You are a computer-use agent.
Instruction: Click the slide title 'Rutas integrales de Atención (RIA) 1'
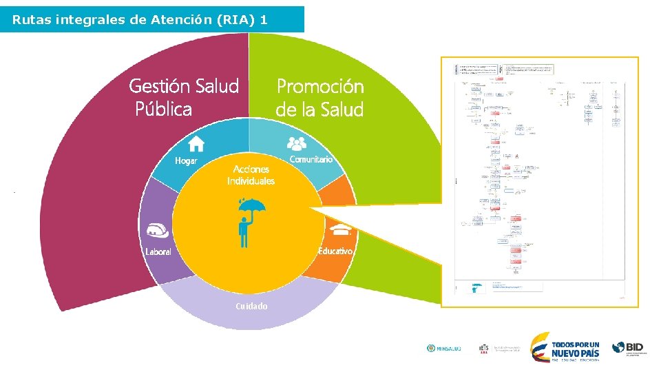point(140,20)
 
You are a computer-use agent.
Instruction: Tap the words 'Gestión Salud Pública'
point(183,97)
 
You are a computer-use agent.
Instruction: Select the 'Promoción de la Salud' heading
point(319,97)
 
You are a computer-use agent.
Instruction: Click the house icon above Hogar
point(196,143)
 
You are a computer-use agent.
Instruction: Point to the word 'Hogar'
point(186,161)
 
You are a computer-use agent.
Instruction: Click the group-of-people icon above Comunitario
point(297,143)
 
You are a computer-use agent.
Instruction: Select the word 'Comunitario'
point(311,159)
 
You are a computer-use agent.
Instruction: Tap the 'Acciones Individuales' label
point(251,175)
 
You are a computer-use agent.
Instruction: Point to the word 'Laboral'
point(158,251)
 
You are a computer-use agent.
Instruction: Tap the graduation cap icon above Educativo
point(339,229)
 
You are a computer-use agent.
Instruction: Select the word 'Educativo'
point(335,251)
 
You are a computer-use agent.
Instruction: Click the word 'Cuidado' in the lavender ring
point(251,306)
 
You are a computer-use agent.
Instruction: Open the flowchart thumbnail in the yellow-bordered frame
point(540,182)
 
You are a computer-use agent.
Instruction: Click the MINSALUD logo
point(444,349)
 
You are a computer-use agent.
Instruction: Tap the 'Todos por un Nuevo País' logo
point(566,347)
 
